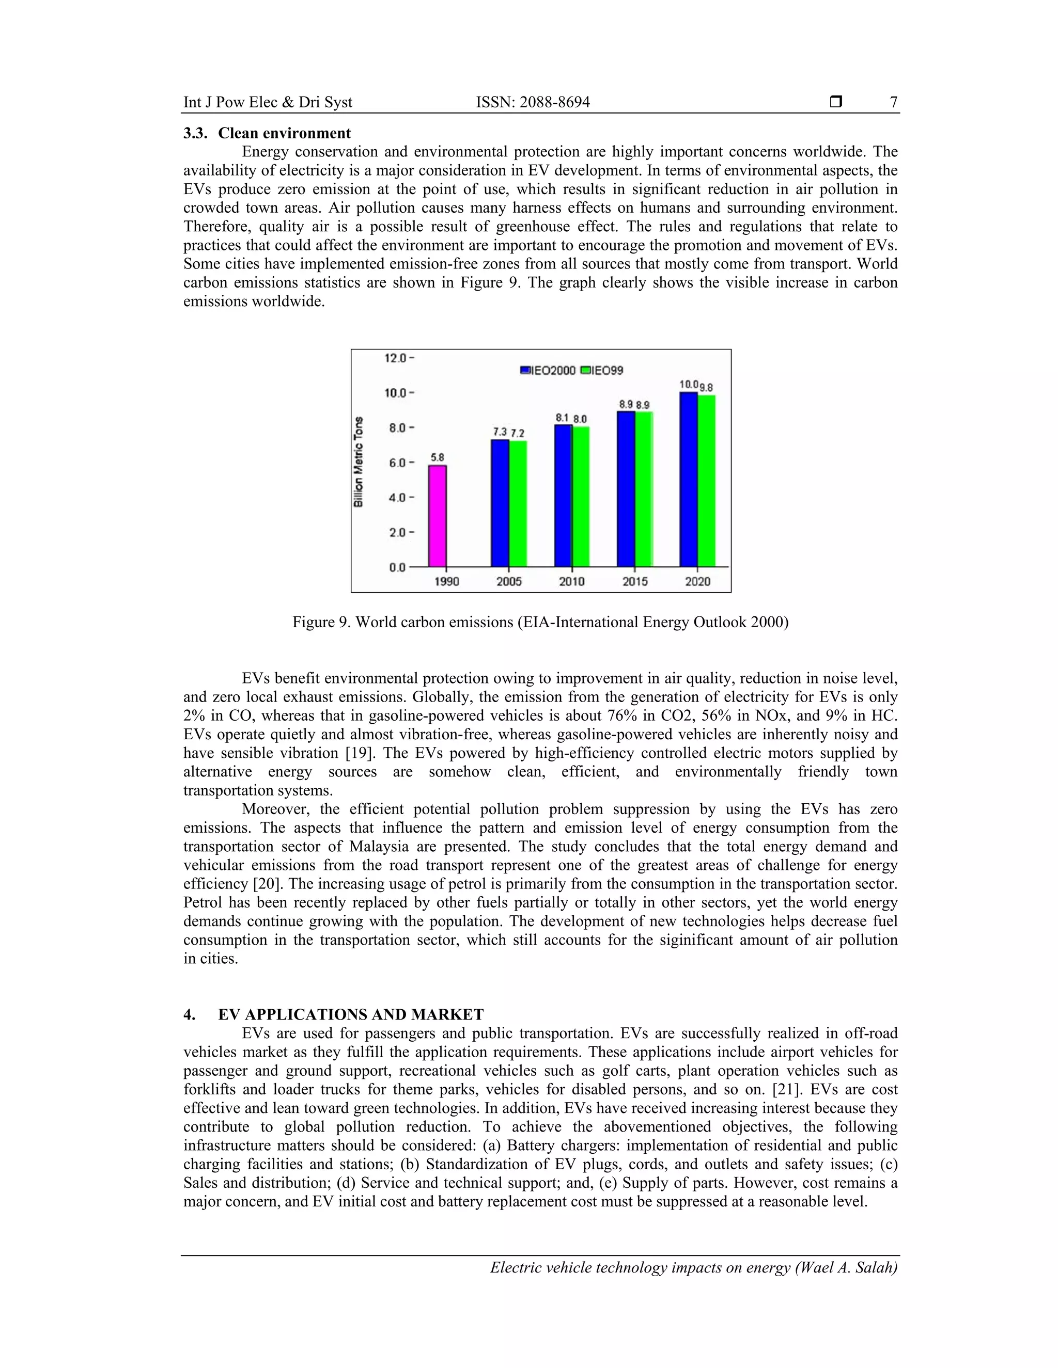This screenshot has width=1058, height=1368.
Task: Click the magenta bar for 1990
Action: coord(437,516)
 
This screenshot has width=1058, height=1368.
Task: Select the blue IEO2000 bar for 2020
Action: coord(688,479)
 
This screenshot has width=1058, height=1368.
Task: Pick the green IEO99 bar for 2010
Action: coord(580,496)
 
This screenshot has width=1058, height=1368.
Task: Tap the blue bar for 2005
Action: coord(500,503)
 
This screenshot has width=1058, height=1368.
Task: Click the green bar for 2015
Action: coord(644,488)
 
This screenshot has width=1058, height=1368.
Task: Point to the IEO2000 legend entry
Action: coord(548,370)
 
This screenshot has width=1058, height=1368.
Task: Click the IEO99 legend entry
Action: coord(602,370)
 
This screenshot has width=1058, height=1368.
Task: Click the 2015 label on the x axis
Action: coord(634,581)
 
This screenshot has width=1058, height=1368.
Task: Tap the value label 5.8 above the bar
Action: coord(437,458)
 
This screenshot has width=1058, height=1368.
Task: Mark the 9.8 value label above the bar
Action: coord(706,388)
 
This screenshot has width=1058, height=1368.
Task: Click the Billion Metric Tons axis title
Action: coord(359,461)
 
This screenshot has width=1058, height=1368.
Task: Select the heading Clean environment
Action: coord(284,133)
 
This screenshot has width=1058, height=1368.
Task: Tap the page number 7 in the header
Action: coord(893,102)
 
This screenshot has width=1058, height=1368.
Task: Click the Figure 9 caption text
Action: coord(540,622)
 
